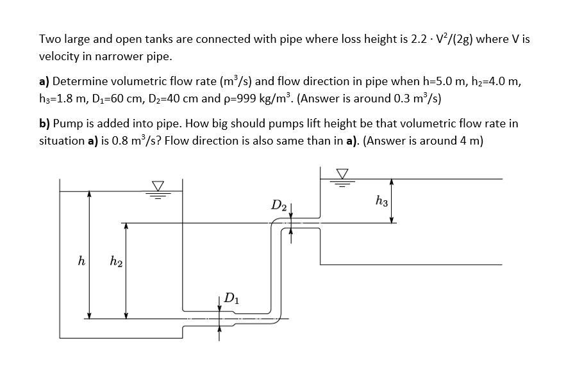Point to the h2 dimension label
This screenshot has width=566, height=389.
tap(116, 261)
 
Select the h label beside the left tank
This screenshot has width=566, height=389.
tap(80, 261)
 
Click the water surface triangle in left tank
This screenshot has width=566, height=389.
tap(157, 186)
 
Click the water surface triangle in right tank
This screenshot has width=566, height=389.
tap(344, 173)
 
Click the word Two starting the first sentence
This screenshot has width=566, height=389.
tap(49, 40)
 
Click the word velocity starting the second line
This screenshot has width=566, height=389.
tap(58, 56)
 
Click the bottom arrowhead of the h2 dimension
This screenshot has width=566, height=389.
tap(126, 314)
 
